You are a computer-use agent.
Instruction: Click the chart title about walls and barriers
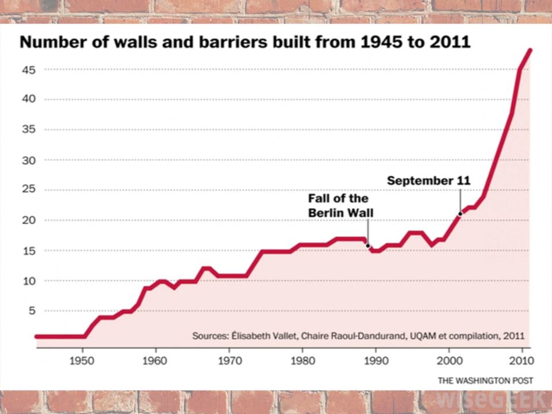tap(245, 43)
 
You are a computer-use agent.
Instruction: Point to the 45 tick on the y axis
tap(29, 70)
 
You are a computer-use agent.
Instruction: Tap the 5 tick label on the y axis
tap(32, 311)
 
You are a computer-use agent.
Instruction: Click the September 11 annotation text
tap(428, 181)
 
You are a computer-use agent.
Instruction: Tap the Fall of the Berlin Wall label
tap(340, 206)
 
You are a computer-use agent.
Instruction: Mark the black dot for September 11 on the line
tap(460, 213)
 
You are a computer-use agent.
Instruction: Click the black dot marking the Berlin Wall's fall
tap(368, 245)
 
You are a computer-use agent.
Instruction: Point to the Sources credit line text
tap(358, 335)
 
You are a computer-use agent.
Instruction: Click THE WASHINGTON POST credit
tap(485, 380)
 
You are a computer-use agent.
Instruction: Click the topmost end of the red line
tap(530, 50)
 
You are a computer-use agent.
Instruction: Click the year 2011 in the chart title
tap(450, 43)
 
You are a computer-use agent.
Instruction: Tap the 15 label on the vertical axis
tap(29, 251)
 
